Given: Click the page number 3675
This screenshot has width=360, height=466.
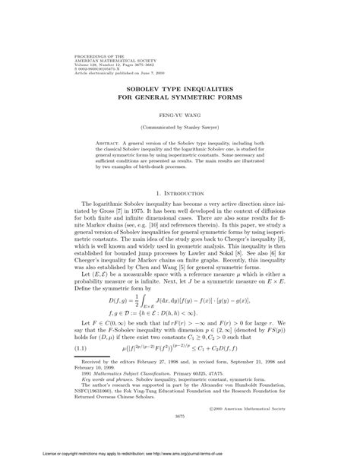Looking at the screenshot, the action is (x=180, y=415).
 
